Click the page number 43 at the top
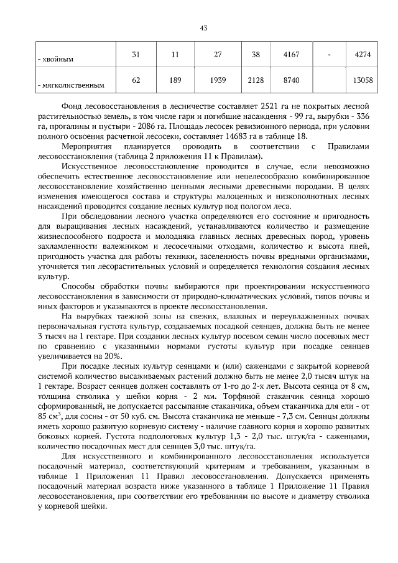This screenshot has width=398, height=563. (x=203, y=27)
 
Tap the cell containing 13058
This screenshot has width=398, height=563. (x=362, y=80)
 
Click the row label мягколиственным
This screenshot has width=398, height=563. (x=70, y=85)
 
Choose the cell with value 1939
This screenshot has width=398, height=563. (x=218, y=80)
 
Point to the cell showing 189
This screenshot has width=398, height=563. (x=175, y=80)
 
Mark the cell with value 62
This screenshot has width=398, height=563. (x=136, y=80)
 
